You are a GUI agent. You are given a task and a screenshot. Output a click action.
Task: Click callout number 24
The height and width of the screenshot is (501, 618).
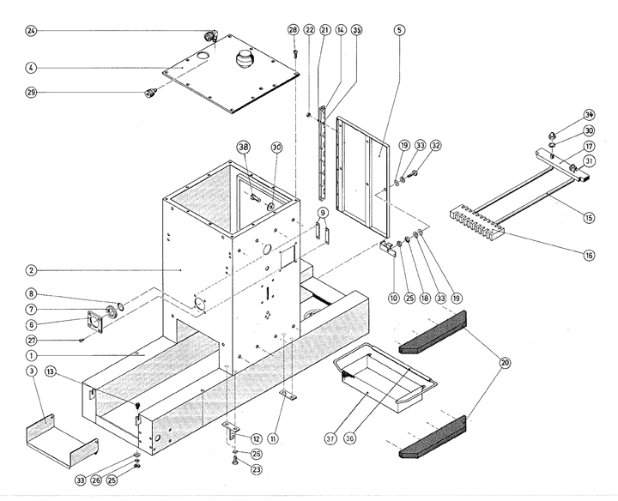[31, 33]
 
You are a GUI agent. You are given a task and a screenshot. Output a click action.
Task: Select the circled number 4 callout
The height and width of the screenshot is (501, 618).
[31, 67]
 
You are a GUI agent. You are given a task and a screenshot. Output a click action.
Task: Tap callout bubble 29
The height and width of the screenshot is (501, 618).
[31, 93]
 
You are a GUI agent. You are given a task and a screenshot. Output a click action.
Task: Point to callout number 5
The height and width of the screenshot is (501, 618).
[400, 29]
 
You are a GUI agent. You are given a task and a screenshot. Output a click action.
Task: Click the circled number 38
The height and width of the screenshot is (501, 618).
[244, 147]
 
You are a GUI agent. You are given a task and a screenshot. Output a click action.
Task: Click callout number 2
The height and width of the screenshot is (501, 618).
[31, 269]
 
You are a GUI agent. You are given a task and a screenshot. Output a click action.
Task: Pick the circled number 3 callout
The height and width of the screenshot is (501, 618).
[31, 370]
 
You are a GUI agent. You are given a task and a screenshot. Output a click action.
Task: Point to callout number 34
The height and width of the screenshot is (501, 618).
[589, 114]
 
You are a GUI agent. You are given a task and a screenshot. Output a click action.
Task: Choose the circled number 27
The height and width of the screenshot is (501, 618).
[31, 341]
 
